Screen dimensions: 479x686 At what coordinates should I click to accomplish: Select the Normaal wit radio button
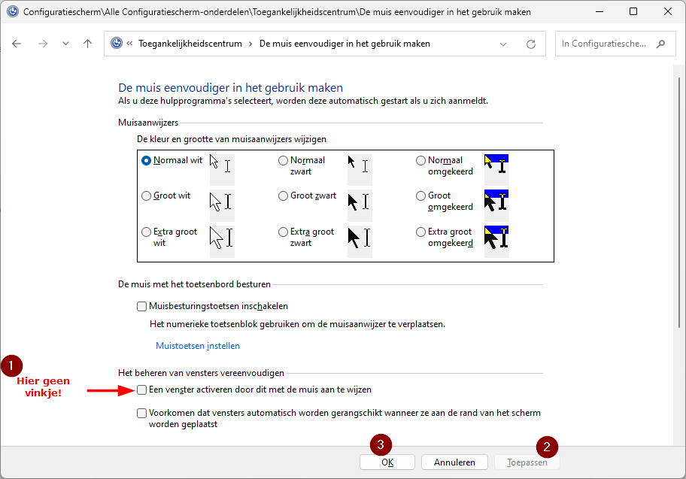(x=146, y=160)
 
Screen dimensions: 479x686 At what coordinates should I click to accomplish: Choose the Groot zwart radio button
(x=283, y=196)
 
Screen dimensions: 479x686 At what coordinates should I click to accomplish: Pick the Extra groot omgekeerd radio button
(x=420, y=232)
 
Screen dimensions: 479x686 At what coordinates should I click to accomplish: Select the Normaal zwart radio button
(x=283, y=160)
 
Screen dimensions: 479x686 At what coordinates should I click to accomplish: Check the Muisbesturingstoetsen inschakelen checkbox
(x=142, y=306)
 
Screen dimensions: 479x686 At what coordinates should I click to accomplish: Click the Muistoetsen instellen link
(x=197, y=346)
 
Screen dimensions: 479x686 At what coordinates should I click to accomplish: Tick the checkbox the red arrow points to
(x=142, y=390)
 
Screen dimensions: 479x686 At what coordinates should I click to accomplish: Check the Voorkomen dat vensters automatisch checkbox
(x=142, y=413)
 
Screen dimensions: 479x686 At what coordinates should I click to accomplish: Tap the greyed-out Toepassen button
(x=527, y=462)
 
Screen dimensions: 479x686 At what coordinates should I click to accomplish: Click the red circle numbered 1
(x=12, y=366)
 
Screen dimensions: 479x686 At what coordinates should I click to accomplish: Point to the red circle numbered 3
(x=381, y=444)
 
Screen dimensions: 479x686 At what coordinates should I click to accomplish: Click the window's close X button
(x=667, y=12)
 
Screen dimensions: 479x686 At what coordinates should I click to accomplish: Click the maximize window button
(x=633, y=12)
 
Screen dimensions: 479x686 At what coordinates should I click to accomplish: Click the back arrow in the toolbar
(x=17, y=44)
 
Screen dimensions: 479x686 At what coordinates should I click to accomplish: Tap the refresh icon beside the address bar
(x=531, y=44)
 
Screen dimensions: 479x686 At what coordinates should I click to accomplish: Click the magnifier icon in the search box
(x=661, y=44)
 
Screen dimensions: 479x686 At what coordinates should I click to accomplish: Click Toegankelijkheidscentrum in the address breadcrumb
(x=190, y=44)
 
